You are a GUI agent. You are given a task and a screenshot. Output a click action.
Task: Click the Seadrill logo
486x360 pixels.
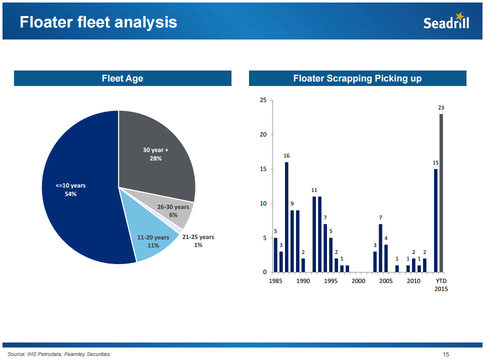click(x=446, y=21)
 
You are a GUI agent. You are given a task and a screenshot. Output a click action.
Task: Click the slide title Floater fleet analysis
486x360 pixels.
click(x=98, y=22)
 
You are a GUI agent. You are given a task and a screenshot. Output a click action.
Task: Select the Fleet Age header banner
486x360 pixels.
click(x=122, y=78)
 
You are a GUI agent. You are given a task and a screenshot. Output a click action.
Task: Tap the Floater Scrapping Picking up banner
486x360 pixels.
click(x=357, y=78)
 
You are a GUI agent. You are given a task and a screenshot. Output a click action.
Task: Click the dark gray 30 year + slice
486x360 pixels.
click(x=155, y=150)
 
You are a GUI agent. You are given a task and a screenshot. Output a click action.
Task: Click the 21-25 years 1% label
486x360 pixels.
click(x=198, y=241)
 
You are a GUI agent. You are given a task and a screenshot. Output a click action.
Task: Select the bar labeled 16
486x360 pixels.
click(x=286, y=217)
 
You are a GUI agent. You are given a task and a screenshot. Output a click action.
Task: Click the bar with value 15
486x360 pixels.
click(x=435, y=220)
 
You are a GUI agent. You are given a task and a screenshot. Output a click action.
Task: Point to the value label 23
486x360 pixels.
click(x=441, y=107)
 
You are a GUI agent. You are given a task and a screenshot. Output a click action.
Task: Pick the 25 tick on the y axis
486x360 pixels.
click(x=263, y=100)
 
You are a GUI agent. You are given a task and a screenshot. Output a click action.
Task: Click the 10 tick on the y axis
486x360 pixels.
click(x=263, y=203)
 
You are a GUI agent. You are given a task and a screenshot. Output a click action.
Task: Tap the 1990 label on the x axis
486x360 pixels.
click(x=303, y=281)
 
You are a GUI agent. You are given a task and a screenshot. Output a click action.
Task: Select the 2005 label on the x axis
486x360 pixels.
click(x=385, y=281)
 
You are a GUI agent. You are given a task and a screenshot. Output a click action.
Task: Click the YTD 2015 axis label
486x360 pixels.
click(x=441, y=285)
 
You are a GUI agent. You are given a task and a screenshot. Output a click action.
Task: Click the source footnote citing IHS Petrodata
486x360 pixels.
click(x=58, y=354)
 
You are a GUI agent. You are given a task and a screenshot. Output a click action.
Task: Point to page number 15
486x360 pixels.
click(x=446, y=354)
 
